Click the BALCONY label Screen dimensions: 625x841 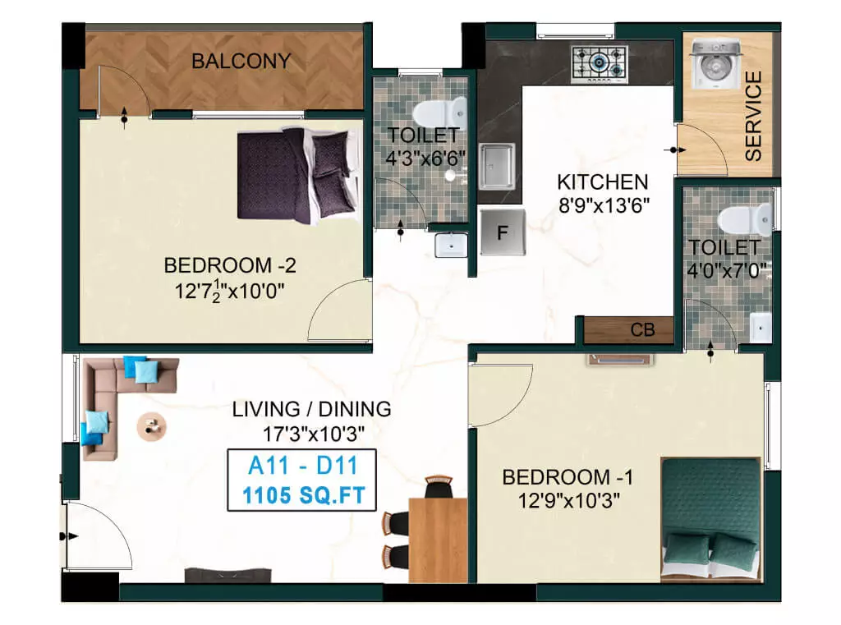click(x=241, y=61)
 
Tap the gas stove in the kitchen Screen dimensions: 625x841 click(x=600, y=63)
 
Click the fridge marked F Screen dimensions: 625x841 click(x=503, y=232)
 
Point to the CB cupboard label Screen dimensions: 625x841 click(x=642, y=330)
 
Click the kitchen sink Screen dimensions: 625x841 click(x=498, y=166)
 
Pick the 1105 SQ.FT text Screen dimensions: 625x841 click(x=302, y=495)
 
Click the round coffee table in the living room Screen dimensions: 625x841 click(x=151, y=425)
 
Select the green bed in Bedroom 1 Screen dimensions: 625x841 click(x=711, y=517)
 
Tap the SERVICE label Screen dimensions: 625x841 click(x=752, y=116)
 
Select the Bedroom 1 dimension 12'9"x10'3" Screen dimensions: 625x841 click(x=568, y=499)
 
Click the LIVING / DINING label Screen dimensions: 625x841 click(x=311, y=409)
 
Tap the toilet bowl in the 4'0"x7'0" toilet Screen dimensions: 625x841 click(x=743, y=219)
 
